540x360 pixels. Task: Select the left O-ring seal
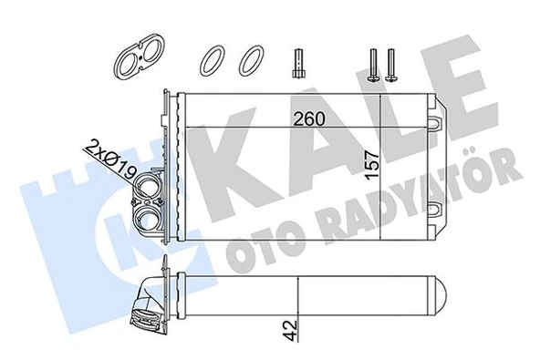pyautogui.click(x=213, y=61)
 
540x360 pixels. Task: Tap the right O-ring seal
pyautogui.click(x=249, y=61)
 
